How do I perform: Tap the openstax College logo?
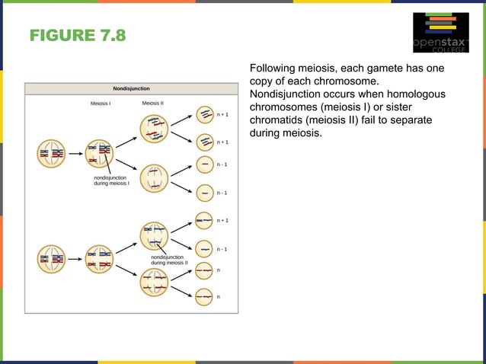pos(441,34)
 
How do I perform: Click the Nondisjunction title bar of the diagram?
pos(131,88)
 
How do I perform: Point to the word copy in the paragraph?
pos(264,81)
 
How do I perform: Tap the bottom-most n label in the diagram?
pos(219,296)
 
